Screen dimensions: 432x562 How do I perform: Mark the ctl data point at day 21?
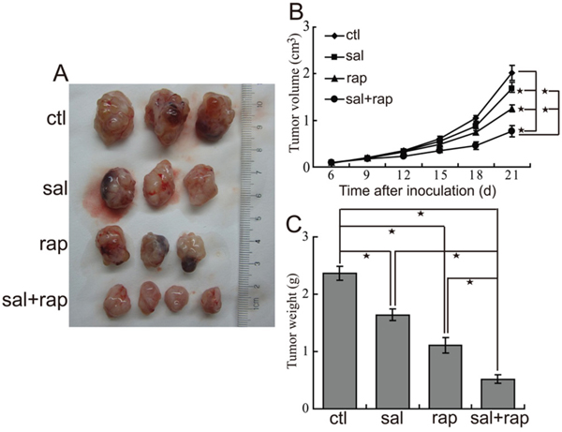[x=511, y=72]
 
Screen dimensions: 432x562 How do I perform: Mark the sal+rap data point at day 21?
[x=511, y=132]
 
